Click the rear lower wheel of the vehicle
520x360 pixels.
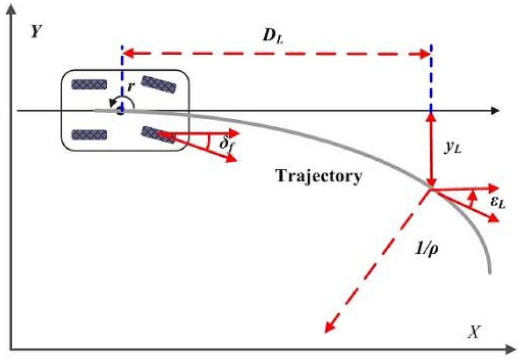[x=89, y=135]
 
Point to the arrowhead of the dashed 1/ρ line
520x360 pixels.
[x=328, y=328]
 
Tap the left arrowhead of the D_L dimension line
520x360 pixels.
[x=127, y=54]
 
